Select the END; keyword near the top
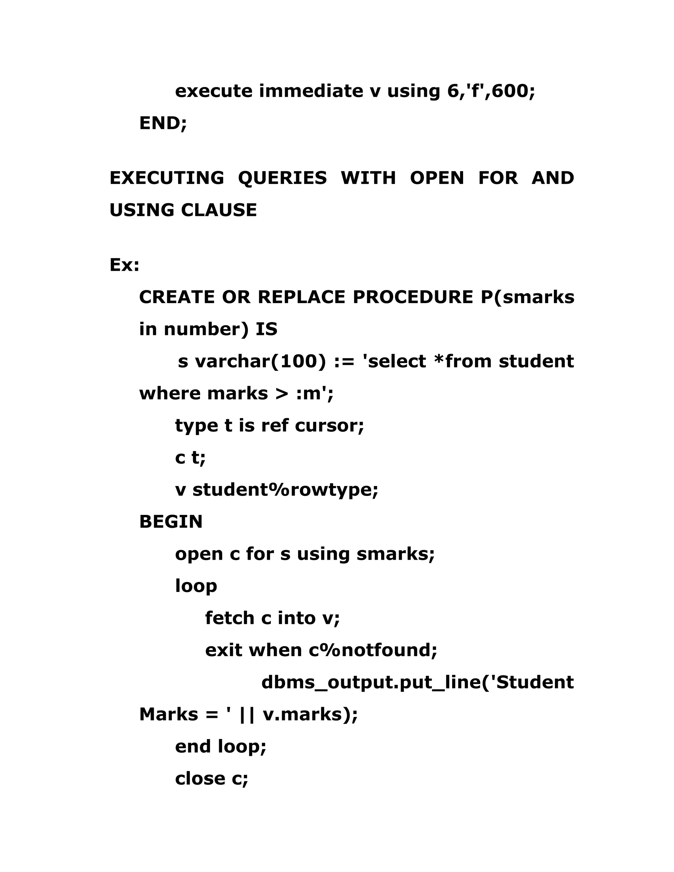point(163,123)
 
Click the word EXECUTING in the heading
point(167,178)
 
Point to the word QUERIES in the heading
point(282,178)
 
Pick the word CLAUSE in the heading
point(219,210)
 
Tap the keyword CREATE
point(177,297)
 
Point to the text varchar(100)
point(260,361)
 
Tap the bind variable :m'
point(315,394)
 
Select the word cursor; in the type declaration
point(329,425)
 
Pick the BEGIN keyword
point(171,522)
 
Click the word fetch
point(230,618)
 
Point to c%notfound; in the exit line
point(373,650)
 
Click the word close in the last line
point(200,779)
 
